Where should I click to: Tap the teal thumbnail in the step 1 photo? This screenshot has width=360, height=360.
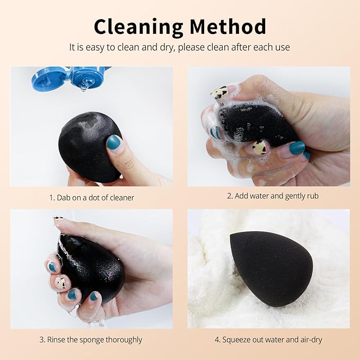coord(115,143)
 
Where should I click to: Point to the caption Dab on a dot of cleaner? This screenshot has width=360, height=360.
coord(92,197)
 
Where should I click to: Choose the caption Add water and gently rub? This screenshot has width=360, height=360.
coord(273,196)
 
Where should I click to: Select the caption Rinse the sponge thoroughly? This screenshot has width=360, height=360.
coord(92,339)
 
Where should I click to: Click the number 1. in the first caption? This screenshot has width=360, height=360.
coord(52,197)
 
